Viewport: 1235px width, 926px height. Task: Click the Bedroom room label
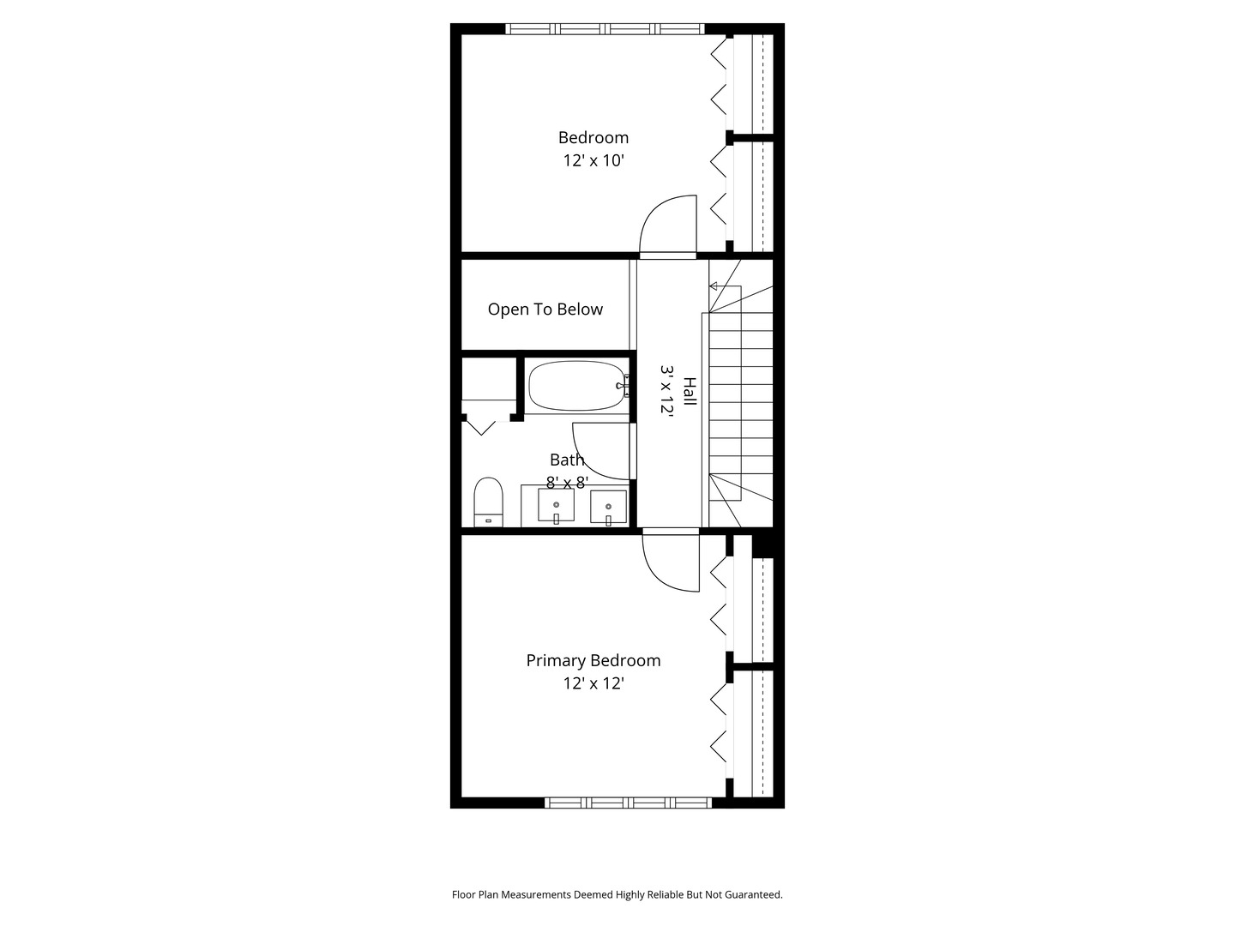[x=593, y=138]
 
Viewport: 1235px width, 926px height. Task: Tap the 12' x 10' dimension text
[x=593, y=161]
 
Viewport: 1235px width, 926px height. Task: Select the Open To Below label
[x=545, y=310]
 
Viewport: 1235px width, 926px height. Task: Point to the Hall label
[x=690, y=391]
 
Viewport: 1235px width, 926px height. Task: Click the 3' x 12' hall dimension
[x=666, y=389]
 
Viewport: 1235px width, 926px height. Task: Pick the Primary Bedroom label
[x=593, y=660]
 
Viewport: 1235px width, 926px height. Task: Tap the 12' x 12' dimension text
[x=593, y=683]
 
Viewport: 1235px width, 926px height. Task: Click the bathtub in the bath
[x=576, y=386]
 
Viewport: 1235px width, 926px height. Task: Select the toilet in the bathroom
[x=488, y=502]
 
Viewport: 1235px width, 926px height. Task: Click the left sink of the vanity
[x=556, y=506]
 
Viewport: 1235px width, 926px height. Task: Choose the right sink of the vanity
[x=608, y=507]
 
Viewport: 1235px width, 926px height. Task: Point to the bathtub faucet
[x=624, y=386]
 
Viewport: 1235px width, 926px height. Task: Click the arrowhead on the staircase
[x=713, y=286]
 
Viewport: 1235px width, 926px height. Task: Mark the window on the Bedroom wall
[x=605, y=28]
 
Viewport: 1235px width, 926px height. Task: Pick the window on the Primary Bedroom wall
[x=629, y=803]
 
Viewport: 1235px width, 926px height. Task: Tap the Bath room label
[x=567, y=460]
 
